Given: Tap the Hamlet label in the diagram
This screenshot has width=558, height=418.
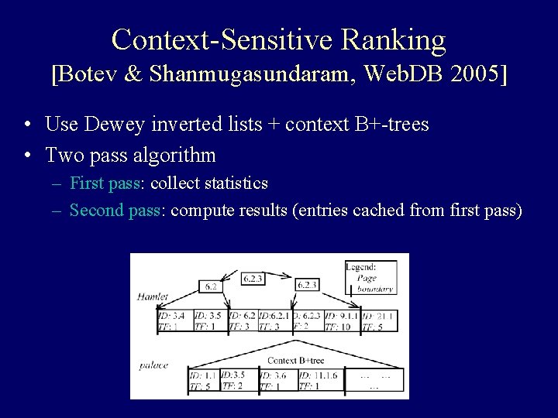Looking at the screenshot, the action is point(153,296).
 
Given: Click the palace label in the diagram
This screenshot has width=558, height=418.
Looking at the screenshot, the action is point(153,365).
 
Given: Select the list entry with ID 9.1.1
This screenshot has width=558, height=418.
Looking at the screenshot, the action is point(341,320).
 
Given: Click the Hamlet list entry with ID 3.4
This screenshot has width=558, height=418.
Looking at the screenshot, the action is point(171,320).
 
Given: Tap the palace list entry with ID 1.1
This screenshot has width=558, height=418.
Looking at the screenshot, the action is point(204,381).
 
